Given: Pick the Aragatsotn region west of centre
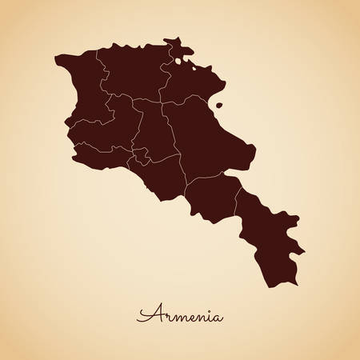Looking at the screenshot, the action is click(112, 120).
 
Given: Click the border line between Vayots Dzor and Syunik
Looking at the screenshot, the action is click(237, 195).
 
